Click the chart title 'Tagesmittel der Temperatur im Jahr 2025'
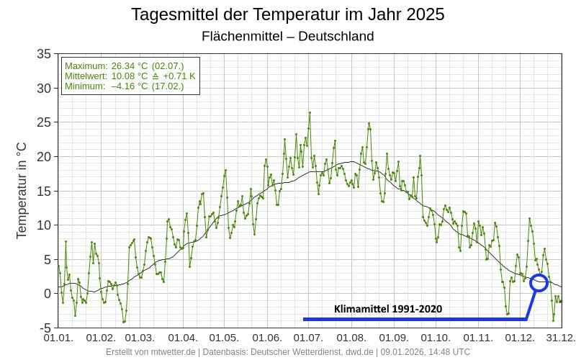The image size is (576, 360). [x=288, y=14]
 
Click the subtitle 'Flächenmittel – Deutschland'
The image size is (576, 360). [x=288, y=36]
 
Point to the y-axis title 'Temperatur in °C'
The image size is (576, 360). [x=22, y=190]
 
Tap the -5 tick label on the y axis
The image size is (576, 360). [x=45, y=328]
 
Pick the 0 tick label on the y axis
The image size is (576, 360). [x=47, y=294]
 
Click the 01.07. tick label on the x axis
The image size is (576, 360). [x=308, y=338]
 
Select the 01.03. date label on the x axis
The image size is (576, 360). [x=140, y=338]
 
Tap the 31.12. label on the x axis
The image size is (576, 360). [x=559, y=338]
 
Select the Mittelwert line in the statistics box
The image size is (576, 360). [x=130, y=76]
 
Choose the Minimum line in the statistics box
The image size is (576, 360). [x=124, y=86]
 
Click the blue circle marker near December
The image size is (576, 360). [x=539, y=282]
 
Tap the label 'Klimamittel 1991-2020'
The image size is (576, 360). [x=388, y=309]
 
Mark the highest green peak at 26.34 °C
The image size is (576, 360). [x=310, y=112]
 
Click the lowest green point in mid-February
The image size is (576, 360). [x=123, y=322]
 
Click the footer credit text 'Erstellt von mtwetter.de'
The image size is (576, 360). [x=150, y=352]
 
